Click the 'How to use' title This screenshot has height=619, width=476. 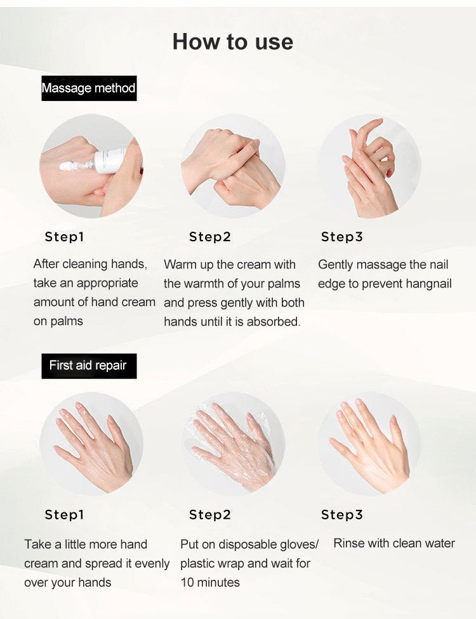tap(233, 41)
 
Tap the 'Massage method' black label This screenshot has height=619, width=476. tap(89, 88)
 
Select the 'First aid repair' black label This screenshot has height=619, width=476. tap(89, 366)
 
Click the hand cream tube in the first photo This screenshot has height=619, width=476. tap(110, 161)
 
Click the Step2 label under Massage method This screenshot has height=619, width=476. tap(210, 237)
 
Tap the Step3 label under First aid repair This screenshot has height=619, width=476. tap(342, 515)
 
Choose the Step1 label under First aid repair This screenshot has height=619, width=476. tap(64, 515)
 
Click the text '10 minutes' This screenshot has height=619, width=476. tap(210, 582)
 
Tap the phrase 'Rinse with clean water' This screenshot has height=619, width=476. tap(394, 543)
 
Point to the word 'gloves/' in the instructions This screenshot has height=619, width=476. tap(299, 545)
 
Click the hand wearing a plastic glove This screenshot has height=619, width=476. tap(233, 444)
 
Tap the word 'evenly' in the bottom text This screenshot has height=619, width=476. tap(152, 564)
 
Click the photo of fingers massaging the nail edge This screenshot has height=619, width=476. tap(369, 166)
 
